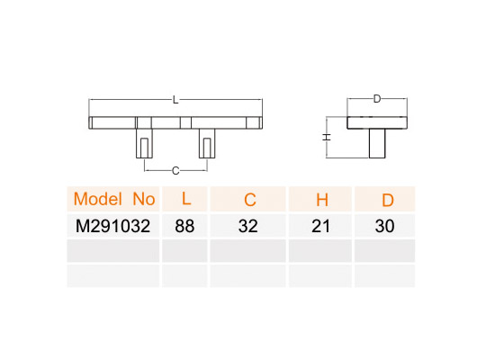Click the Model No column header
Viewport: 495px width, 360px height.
click(114, 199)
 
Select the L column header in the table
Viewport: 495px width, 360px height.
click(186, 199)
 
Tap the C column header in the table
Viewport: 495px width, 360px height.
click(249, 200)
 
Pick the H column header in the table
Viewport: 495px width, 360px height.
click(322, 200)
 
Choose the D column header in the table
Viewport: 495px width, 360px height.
click(388, 200)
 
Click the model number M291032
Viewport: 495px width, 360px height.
click(113, 226)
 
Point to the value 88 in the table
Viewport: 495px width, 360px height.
click(184, 226)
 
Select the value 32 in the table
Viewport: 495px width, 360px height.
click(248, 226)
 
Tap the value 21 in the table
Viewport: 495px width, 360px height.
click(320, 226)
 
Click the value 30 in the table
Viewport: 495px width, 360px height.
click(384, 226)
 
